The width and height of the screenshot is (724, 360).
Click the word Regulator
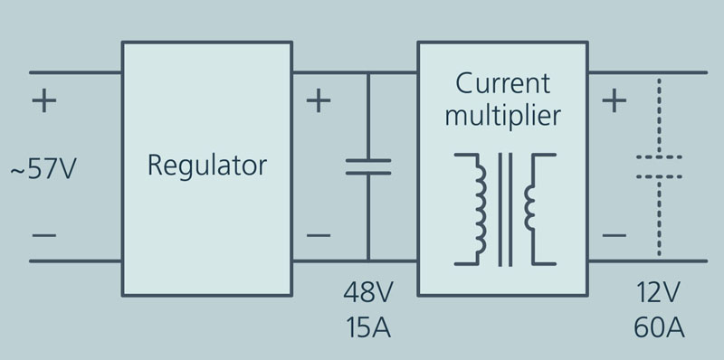[x=207, y=166]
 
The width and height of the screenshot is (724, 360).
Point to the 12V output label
[x=659, y=294]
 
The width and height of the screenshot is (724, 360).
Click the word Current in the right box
[x=502, y=84]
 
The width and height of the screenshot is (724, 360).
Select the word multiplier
[x=502, y=116]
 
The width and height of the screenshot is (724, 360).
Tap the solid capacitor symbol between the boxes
[x=368, y=166]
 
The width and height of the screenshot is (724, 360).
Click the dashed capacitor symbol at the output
[x=659, y=166]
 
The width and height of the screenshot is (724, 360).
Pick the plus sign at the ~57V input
[x=43, y=99]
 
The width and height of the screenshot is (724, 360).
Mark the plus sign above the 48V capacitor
[x=318, y=99]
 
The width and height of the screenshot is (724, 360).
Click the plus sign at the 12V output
[x=614, y=99]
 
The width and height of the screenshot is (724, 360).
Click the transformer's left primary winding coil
[x=477, y=209]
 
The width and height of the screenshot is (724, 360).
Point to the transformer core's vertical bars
[x=504, y=209]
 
